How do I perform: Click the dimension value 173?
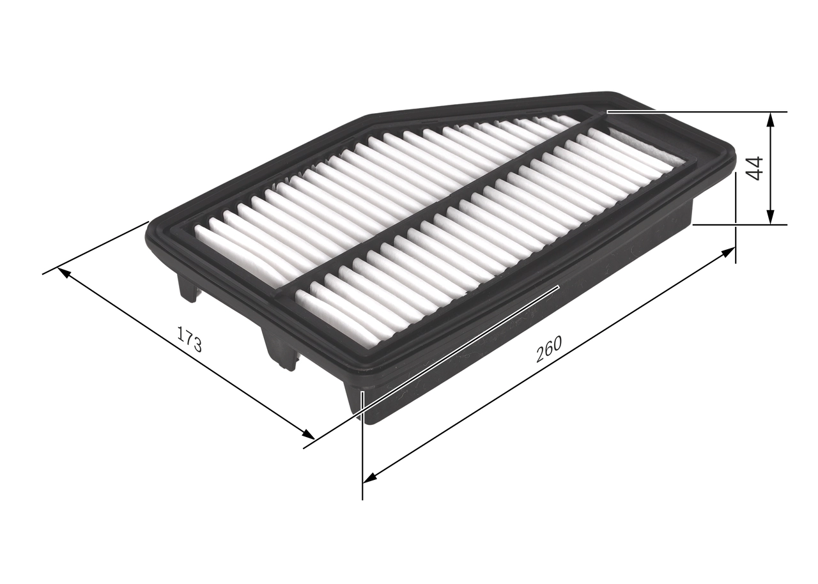189,339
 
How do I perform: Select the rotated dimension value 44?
755,167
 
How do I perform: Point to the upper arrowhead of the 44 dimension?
771,119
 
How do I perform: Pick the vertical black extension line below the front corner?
362,460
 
